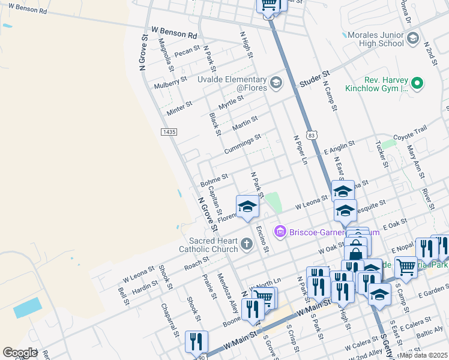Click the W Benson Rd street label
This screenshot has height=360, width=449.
pyautogui.click(x=174, y=32)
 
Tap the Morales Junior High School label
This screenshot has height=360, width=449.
pyautogui.click(x=382, y=39)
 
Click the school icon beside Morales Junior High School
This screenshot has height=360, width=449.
pyautogui.click(x=412, y=39)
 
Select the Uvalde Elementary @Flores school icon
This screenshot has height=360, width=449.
pyautogui.click(x=276, y=83)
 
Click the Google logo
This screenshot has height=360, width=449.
pyautogui.click(x=20, y=353)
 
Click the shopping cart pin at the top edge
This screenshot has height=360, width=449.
pyautogui.click(x=268, y=5)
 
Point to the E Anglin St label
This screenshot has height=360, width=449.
pyautogui.click(x=339, y=146)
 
